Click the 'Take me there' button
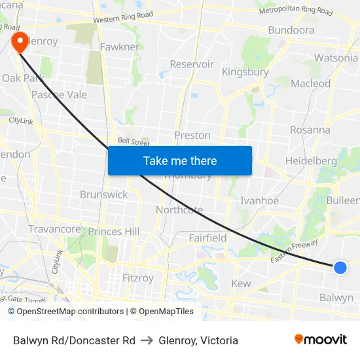tap(180, 160)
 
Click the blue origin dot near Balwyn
tap(340, 267)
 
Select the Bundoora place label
tap(291, 30)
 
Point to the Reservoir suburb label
tap(192, 64)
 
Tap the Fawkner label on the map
tap(119, 47)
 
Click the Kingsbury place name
tap(245, 72)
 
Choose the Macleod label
tap(310, 83)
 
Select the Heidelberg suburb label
tap(311, 160)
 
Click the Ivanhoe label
tap(260, 201)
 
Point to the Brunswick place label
tap(104, 194)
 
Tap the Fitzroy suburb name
tap(138, 278)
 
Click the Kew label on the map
tap(241, 283)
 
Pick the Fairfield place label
tap(208, 238)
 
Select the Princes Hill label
tap(114, 231)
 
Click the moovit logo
tap(321, 340)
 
